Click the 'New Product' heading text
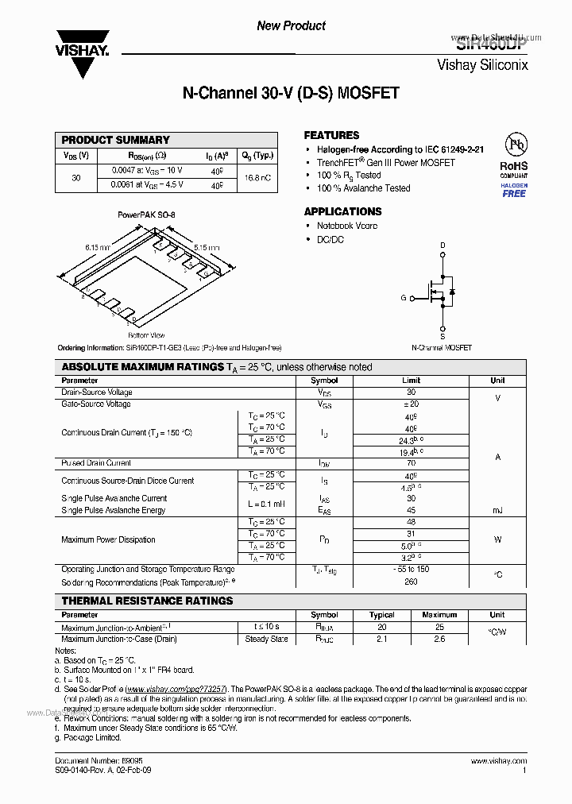pyautogui.click(x=291, y=26)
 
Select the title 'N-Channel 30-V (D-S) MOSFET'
pyautogui.click(x=291, y=94)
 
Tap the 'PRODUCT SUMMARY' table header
pyautogui.click(x=115, y=140)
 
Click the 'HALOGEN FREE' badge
pyautogui.click(x=514, y=190)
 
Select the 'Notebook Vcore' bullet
pyautogui.click(x=347, y=226)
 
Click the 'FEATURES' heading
pyautogui.click(x=331, y=136)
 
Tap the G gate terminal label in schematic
pyautogui.click(x=404, y=298)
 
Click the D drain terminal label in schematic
pyautogui.click(x=443, y=245)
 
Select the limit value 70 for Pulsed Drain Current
pyautogui.click(x=411, y=463)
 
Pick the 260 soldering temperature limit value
pyautogui.click(x=411, y=581)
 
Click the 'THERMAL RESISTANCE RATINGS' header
pyautogui.click(x=148, y=601)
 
